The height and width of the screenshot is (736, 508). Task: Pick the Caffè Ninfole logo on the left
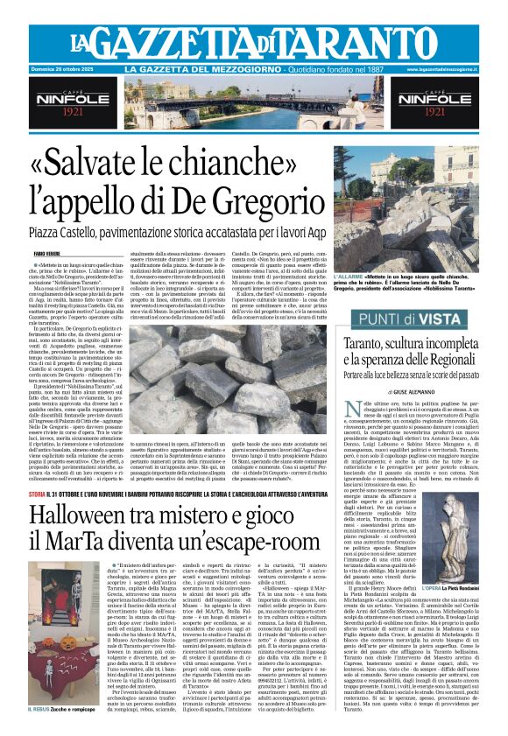(58, 103)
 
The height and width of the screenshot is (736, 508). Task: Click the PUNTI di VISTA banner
(425, 320)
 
